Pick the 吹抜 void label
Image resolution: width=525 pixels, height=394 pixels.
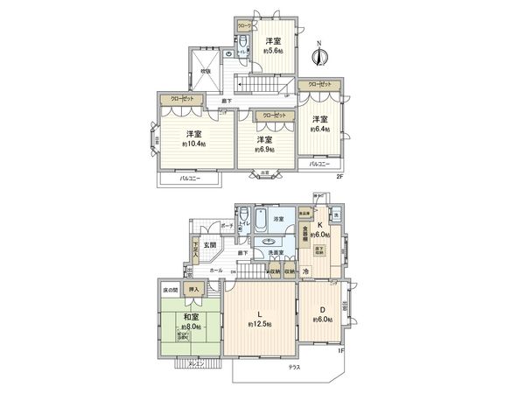click(206, 72)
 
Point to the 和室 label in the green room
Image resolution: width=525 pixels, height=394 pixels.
click(188, 319)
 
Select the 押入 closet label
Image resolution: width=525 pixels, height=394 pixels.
click(194, 289)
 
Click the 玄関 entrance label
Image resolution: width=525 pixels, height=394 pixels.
click(211, 244)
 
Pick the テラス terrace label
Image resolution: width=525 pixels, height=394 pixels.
click(295, 366)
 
